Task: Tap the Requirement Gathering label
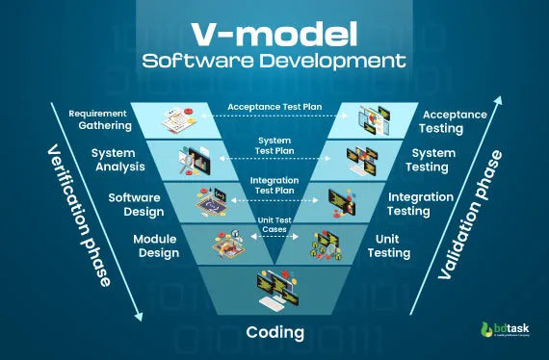(x=99, y=120)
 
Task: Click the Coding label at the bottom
(x=274, y=333)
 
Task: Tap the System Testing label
(x=433, y=159)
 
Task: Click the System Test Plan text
(x=274, y=145)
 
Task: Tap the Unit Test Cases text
(x=274, y=224)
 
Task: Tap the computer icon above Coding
(x=274, y=288)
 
